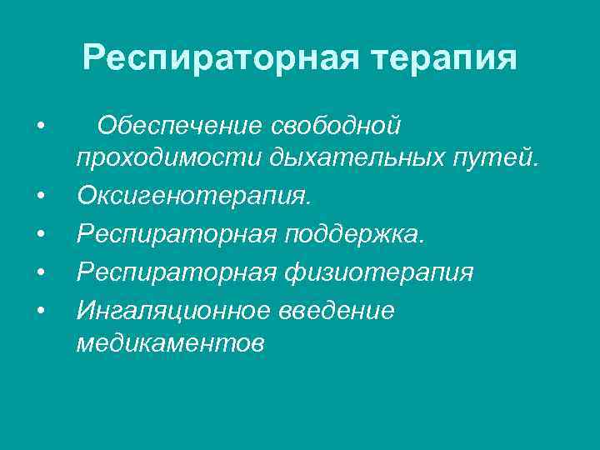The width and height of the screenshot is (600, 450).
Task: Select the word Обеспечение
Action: pos(181,127)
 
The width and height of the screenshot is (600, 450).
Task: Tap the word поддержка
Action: pos(353,234)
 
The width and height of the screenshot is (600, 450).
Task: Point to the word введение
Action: pos(342,309)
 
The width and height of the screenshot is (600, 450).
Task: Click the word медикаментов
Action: pos(171,342)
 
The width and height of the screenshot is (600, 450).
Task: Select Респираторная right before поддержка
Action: pos(176,234)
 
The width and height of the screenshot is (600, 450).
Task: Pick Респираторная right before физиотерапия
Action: pos(176,272)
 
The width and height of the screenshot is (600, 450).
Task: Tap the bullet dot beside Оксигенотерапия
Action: pos(40,197)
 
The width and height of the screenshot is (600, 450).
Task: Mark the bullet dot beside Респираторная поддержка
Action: pos(40,235)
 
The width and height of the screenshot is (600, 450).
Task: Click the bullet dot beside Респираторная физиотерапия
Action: pos(40,272)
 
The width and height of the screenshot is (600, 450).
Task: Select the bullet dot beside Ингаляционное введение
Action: pos(40,310)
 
